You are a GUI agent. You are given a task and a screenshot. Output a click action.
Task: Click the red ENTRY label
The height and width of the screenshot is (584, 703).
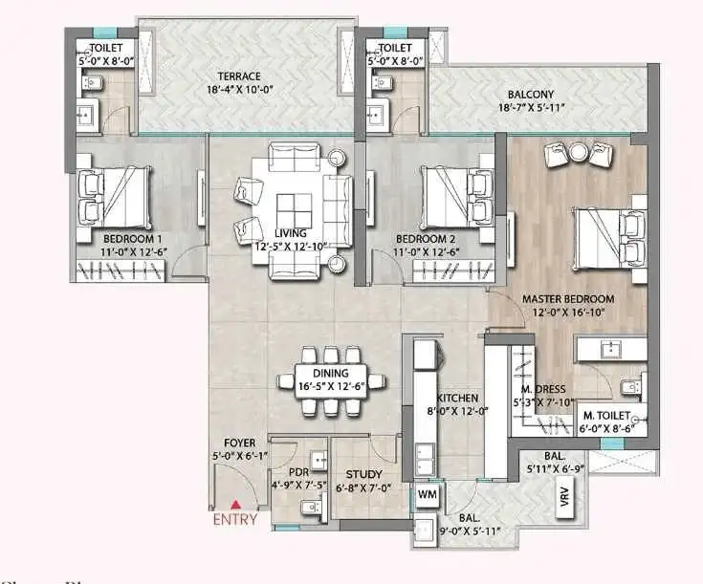coord(233,520)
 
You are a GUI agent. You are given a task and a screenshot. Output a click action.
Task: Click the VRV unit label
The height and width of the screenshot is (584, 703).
coord(563,501)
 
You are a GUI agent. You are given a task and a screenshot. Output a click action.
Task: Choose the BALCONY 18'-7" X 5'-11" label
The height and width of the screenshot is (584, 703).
coord(534,94)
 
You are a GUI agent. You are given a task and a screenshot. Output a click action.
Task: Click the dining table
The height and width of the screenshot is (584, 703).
coord(329,379)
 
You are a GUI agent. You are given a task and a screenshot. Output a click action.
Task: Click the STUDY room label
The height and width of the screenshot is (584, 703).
coord(363,474)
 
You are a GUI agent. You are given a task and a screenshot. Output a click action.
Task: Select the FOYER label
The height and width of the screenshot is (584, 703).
coord(238,443)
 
